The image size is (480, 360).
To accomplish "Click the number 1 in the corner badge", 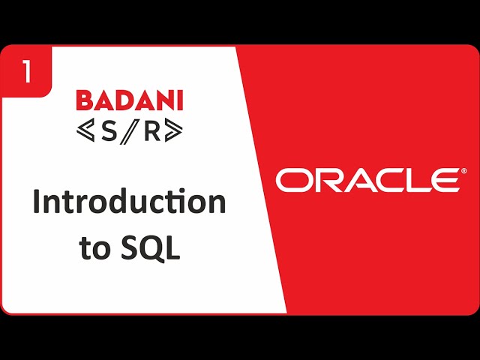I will [27, 73].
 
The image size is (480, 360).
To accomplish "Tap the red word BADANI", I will [129, 100].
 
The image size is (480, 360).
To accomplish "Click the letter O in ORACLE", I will [292, 181].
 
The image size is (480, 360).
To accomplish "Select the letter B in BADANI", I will [85, 100].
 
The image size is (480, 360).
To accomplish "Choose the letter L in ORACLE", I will [414, 181].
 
